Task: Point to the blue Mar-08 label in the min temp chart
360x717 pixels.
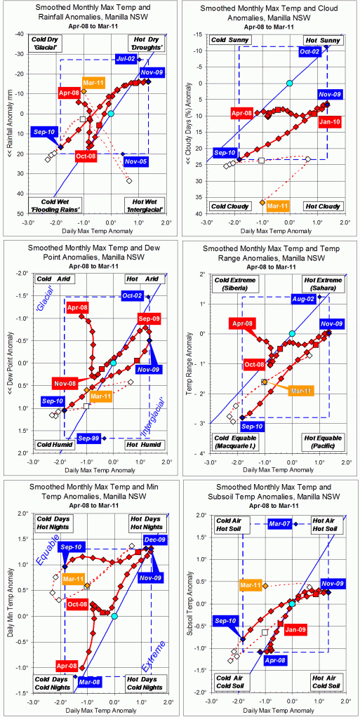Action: pyautogui.click(x=89, y=681)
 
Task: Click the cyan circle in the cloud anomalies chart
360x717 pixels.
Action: pyautogui.click(x=289, y=83)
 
